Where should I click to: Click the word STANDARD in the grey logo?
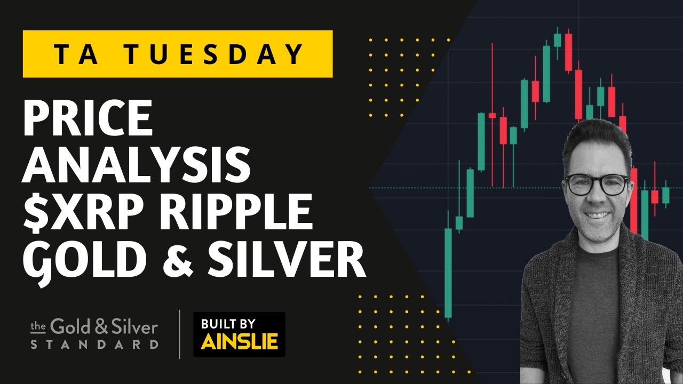coord(94,344)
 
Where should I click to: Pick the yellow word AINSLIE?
coord(239,342)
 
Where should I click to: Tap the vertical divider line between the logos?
coord(179,334)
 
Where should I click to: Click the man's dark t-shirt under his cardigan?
coord(595,299)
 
